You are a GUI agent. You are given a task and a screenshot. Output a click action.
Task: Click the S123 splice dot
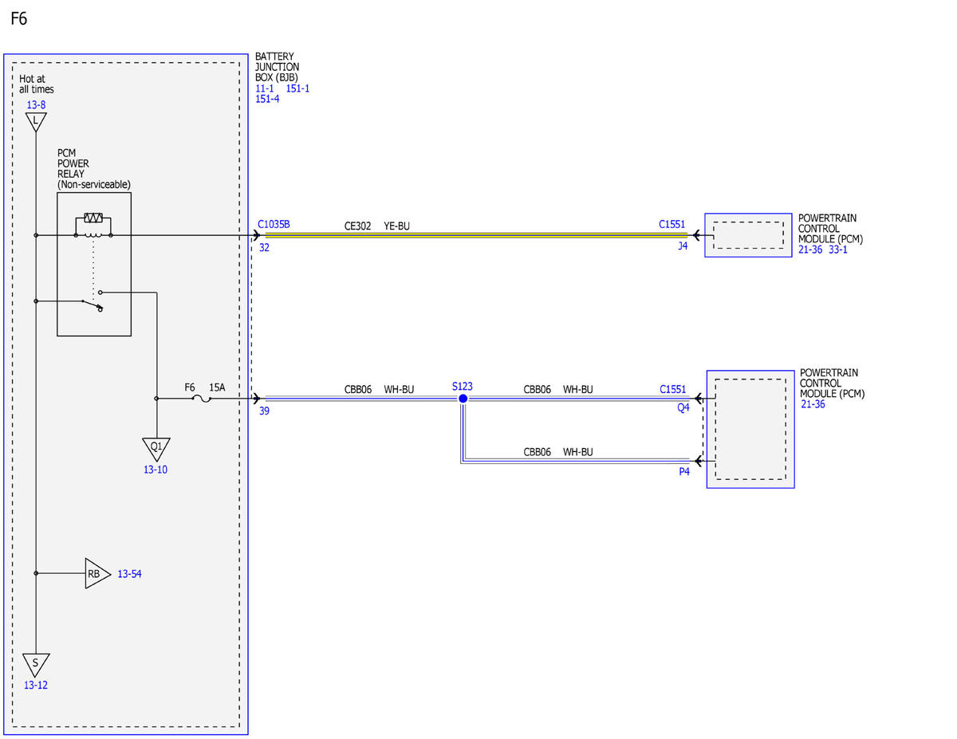click(463, 399)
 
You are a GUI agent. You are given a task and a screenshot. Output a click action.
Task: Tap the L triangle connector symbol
click(36, 121)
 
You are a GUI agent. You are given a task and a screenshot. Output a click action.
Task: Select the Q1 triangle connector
click(156, 449)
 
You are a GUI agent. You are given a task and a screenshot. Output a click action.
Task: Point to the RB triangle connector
click(97, 573)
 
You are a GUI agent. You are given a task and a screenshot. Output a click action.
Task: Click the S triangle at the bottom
click(36, 665)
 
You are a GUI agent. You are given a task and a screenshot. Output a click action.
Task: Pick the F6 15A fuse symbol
click(202, 399)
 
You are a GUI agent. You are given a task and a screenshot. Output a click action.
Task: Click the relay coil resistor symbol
click(93, 218)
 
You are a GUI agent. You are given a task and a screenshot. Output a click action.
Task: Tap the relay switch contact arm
click(93, 305)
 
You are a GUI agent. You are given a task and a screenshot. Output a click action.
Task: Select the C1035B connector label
click(274, 225)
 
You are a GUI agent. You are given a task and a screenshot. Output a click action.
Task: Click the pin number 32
click(264, 247)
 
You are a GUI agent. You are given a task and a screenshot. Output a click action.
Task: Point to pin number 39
click(264, 411)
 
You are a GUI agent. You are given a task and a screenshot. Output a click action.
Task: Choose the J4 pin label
click(683, 246)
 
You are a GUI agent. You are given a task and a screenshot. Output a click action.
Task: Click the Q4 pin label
click(683, 408)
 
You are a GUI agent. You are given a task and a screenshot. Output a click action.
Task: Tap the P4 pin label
click(684, 471)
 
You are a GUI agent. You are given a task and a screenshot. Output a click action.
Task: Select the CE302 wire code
click(357, 226)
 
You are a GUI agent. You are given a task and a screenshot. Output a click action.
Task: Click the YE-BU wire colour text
click(397, 226)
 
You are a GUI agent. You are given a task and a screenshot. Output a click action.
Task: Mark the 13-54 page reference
click(129, 574)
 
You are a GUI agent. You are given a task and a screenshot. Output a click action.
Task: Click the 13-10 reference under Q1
click(156, 470)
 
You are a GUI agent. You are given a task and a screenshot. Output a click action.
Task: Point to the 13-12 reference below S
click(36, 685)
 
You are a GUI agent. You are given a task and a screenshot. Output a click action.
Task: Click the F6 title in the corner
click(19, 18)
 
